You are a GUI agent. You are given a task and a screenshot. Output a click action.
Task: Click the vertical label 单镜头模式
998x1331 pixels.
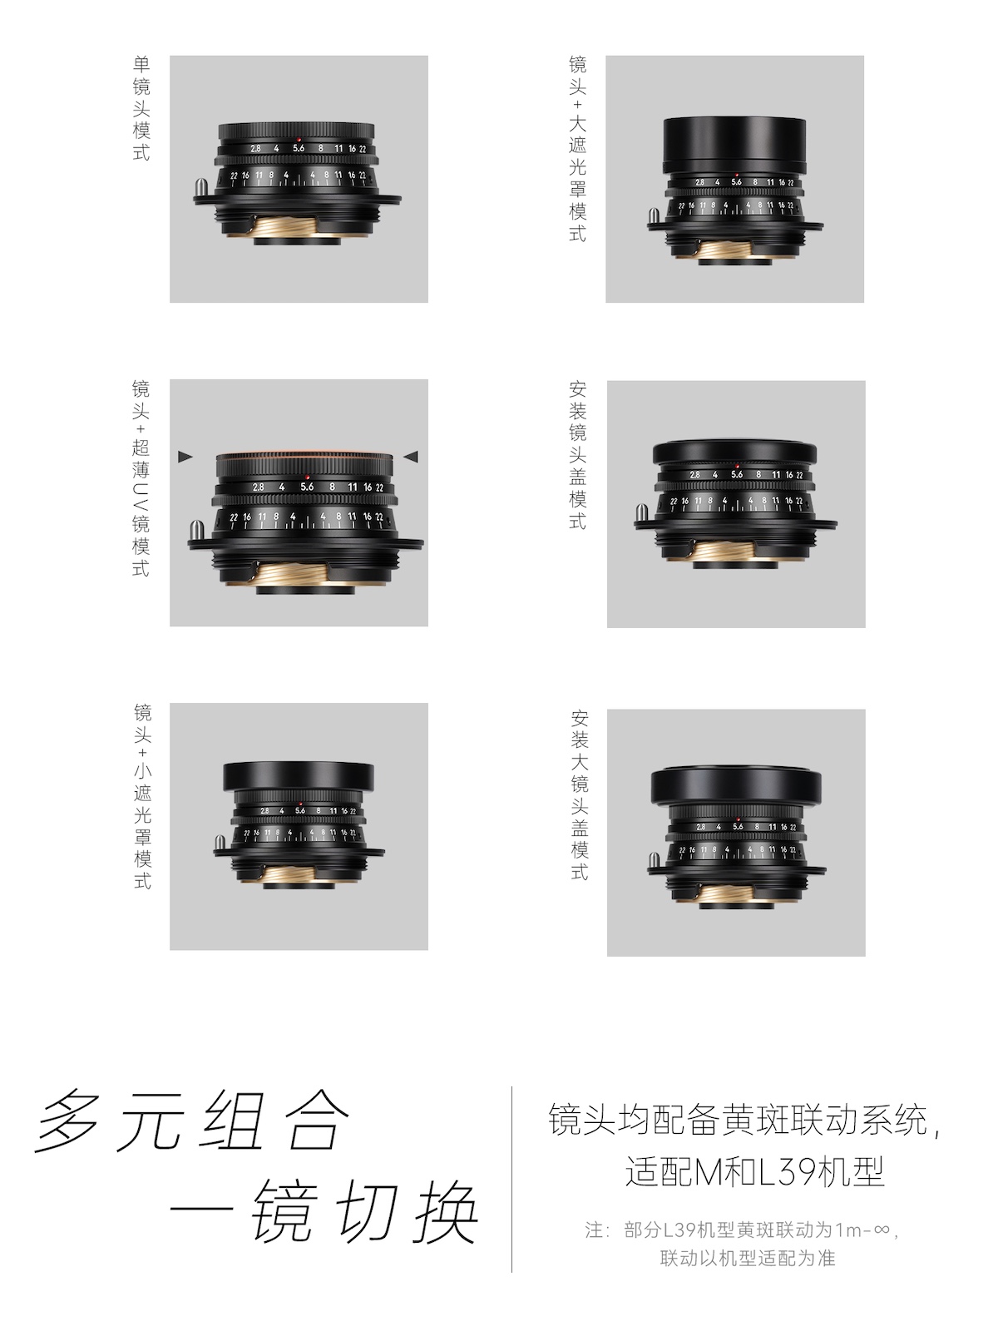point(141,108)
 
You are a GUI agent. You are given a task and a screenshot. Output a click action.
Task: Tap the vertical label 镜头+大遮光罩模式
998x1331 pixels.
point(577,149)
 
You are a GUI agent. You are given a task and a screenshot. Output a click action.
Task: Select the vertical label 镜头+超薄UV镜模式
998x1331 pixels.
point(141,477)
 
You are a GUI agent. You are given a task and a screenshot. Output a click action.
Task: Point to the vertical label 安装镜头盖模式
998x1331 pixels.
point(577,455)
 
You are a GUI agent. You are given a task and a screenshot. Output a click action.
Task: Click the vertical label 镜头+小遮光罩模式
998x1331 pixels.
point(142,796)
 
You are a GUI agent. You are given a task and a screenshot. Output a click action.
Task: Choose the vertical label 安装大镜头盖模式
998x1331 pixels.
point(580,795)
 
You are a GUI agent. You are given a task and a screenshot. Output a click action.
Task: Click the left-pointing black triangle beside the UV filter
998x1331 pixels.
point(411,456)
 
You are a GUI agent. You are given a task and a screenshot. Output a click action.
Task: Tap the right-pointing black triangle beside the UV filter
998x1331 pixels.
point(185,457)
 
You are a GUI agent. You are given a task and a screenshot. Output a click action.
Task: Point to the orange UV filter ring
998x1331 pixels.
point(304,454)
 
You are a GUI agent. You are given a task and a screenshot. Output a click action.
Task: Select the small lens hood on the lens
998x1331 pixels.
point(298,775)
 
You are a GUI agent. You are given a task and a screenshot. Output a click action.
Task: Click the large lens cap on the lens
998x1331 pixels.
point(736,786)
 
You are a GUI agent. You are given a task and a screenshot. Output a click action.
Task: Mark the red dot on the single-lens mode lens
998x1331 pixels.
point(299,140)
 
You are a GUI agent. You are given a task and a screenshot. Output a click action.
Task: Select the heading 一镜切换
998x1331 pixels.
point(324,1211)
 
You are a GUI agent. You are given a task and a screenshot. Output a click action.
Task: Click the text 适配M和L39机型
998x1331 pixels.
point(754,1171)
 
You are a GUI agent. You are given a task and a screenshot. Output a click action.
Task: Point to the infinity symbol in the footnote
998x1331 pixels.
point(882,1230)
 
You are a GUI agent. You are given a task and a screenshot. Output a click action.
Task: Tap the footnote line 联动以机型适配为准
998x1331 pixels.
point(747,1258)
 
